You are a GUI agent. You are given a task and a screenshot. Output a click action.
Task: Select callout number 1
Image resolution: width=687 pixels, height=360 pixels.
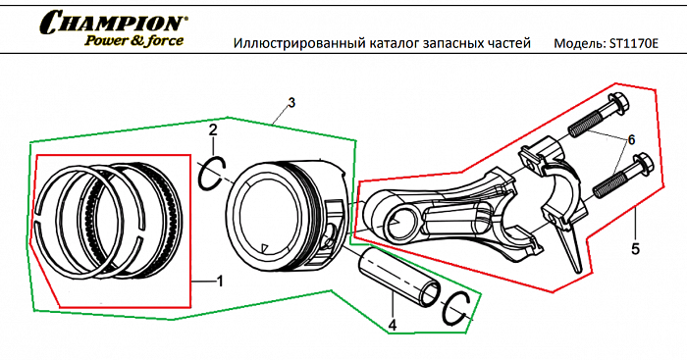pos(220,282)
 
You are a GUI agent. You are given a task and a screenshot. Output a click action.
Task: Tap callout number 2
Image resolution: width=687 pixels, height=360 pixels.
pos(213,129)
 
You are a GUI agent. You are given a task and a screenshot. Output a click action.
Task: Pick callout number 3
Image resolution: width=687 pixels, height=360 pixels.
pos(291,103)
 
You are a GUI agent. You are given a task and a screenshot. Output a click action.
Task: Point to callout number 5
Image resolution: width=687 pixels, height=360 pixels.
pos(635,249)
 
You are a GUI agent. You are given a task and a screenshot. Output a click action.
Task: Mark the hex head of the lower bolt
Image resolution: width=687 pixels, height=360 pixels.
pos(643,163)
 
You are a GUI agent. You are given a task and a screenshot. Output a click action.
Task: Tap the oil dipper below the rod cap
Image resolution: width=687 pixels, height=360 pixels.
pos(570,247)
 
